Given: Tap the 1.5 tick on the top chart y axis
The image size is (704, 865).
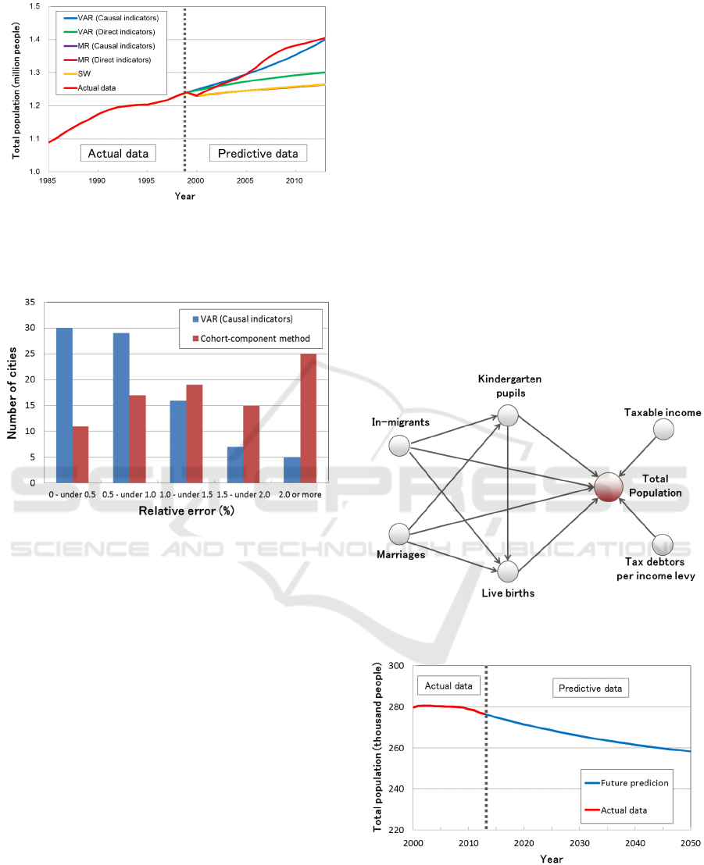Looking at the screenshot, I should coord(36,6).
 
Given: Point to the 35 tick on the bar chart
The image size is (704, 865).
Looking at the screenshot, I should coord(30,302).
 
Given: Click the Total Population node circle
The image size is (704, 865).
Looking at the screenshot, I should coord(608,486).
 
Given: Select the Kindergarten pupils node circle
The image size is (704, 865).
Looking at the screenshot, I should coord(508,415).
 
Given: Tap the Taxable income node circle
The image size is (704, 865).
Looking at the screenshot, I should coord(663,429).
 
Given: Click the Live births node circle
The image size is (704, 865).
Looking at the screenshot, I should coord(508,571).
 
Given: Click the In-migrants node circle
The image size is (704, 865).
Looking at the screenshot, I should coord(399,446).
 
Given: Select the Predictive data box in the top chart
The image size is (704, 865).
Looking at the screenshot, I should coord(257,153).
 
